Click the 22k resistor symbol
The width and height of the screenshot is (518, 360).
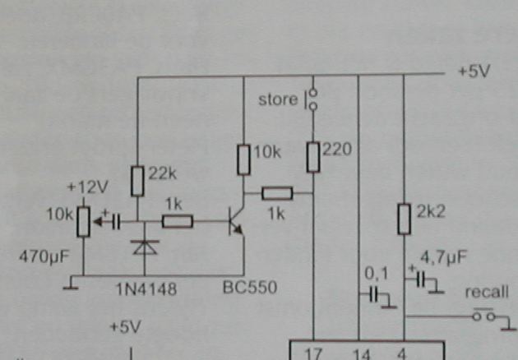click(x=137, y=178)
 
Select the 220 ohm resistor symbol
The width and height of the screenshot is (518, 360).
click(x=313, y=156)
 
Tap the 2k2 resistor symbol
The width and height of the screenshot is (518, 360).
click(x=403, y=219)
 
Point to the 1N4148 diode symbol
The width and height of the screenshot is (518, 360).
click(x=145, y=246)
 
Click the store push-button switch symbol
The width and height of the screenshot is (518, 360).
click(x=312, y=99)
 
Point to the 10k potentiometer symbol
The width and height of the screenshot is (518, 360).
click(x=83, y=220)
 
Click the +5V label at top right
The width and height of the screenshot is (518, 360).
click(x=474, y=72)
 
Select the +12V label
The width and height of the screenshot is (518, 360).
click(x=85, y=187)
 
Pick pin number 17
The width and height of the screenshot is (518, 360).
click(x=313, y=354)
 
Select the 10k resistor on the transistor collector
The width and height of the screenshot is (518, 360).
click(x=243, y=159)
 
